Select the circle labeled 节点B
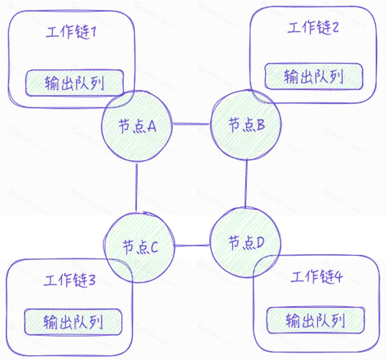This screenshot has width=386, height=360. click(x=246, y=125)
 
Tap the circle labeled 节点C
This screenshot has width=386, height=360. click(x=139, y=247)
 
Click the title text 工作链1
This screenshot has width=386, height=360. click(x=72, y=32)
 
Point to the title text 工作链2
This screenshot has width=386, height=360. click(x=313, y=28)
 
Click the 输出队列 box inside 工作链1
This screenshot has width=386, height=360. click(x=74, y=83)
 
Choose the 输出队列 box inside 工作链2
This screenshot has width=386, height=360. click(x=314, y=76)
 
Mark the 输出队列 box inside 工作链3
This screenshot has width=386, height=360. click(x=73, y=322)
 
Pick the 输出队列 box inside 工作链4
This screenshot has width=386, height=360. click(x=316, y=321)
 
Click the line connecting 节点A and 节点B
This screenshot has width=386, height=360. click(x=192, y=123)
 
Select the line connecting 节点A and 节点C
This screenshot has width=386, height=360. click(x=136, y=187)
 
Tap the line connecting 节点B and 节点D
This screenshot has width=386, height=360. click(x=246, y=184)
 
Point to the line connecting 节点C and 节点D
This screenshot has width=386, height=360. click(x=192, y=246)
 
